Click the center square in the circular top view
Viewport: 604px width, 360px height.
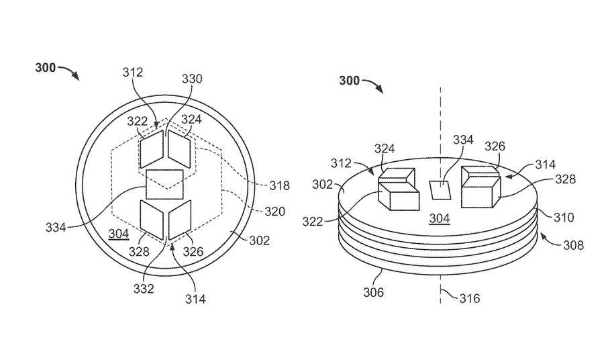pos(164,184)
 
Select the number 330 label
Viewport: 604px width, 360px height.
pos(192,79)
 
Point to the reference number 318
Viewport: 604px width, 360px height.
pos(279,186)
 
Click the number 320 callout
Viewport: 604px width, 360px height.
pos(274,211)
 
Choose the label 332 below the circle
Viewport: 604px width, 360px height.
pos(144,288)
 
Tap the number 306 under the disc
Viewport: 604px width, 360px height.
pos(374,292)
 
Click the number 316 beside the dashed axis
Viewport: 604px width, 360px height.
pos(470,298)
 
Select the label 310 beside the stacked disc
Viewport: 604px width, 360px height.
pos(564,218)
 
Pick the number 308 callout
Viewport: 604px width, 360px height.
pos(573,245)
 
